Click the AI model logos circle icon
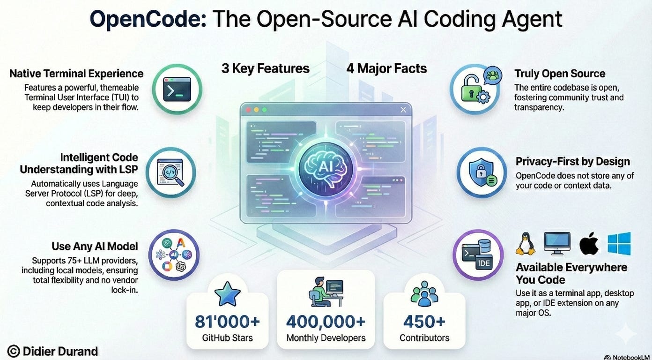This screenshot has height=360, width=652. pos(174,255)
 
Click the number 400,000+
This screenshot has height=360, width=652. pos(326,322)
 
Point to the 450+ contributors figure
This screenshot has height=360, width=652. pos(424,322)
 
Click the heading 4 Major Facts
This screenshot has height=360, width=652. pos(386,68)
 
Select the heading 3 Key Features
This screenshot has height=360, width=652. pos(266,68)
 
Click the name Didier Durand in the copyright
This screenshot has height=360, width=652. pos(60,351)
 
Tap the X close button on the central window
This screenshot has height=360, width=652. pos(403,110)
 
